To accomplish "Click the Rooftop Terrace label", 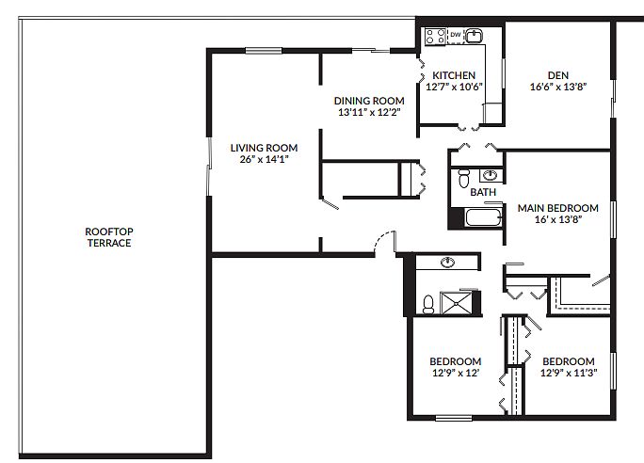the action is pyautogui.click(x=109, y=237).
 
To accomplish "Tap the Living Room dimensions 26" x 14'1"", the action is pyautogui.click(x=264, y=159).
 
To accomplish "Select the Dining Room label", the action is pyautogui.click(x=369, y=101).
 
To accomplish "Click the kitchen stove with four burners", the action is pyautogui.click(x=435, y=36).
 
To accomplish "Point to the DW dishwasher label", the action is pyautogui.click(x=456, y=35).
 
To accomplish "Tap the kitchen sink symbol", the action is pyautogui.click(x=474, y=36).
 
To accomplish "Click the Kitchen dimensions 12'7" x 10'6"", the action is pyautogui.click(x=454, y=87).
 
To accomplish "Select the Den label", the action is pyautogui.click(x=558, y=75).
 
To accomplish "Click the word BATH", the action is pyautogui.click(x=483, y=192).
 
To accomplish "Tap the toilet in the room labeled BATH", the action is pyautogui.click(x=463, y=177).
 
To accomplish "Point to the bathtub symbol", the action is pyautogui.click(x=483, y=217).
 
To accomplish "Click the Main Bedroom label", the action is pyautogui.click(x=557, y=208).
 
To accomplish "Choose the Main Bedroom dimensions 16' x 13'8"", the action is pyautogui.click(x=557, y=219).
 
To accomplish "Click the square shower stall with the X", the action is pyautogui.click(x=456, y=303).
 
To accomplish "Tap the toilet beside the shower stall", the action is pyautogui.click(x=428, y=304).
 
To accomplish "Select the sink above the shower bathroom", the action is pyautogui.click(x=447, y=262).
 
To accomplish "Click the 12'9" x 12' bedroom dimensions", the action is pyautogui.click(x=456, y=373).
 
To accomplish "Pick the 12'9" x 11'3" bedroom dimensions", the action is pyautogui.click(x=569, y=373).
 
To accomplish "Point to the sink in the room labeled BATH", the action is pyautogui.click(x=490, y=175).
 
